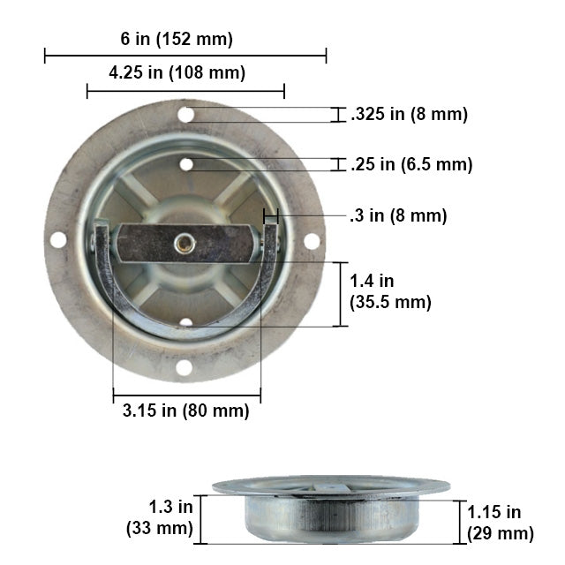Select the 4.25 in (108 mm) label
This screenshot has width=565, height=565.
(177, 72)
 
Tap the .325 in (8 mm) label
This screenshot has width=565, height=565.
(409, 114)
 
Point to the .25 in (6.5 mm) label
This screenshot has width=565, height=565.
(411, 164)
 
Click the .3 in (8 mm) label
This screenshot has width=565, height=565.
(398, 215)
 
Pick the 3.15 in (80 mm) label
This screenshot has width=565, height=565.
(186, 411)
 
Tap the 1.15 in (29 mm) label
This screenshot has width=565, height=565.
(501, 523)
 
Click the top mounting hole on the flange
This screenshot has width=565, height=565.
(185, 114)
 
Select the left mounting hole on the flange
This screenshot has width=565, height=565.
(57, 239)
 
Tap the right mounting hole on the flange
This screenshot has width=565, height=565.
(312, 240)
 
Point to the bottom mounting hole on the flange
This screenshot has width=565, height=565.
(184, 366)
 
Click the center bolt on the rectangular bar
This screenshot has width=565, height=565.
(185, 243)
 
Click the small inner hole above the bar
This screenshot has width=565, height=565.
(186, 164)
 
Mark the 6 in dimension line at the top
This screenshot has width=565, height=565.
(185, 56)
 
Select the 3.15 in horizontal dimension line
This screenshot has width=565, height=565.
(186, 394)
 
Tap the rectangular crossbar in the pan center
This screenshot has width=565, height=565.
(185, 243)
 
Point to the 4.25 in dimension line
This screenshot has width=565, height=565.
(185, 89)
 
